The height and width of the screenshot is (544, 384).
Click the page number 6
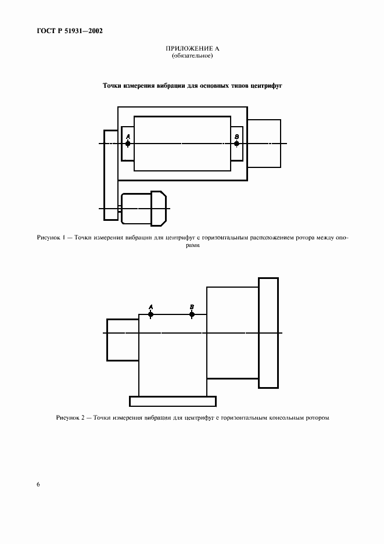pyautogui.click(x=38, y=484)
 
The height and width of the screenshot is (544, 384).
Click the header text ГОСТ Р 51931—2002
pyautogui.click(x=70, y=31)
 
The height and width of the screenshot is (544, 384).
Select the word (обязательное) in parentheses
pyautogui.click(x=192, y=56)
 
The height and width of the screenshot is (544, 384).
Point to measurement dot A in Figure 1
pyautogui.click(x=128, y=144)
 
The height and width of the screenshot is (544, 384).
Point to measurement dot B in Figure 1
pyautogui.click(x=236, y=144)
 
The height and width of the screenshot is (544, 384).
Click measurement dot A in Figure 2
pyautogui.click(x=150, y=314)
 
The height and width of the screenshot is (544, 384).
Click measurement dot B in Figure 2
pyautogui.click(x=192, y=314)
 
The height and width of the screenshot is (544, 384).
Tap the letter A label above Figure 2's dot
pyautogui.click(x=150, y=307)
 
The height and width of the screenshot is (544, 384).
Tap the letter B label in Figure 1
pyautogui.click(x=236, y=137)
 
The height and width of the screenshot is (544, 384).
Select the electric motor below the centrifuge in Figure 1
pyautogui.click(x=143, y=209)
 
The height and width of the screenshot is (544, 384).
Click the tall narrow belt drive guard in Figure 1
pyautogui.click(x=110, y=175)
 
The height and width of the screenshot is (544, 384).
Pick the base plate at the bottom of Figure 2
pyautogui.click(x=173, y=401)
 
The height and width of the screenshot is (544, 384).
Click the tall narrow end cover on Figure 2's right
pyautogui.click(x=268, y=332)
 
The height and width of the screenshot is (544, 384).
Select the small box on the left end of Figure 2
pyautogui.click(x=123, y=340)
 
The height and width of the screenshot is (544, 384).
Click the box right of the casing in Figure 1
pyautogui.click(x=264, y=144)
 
